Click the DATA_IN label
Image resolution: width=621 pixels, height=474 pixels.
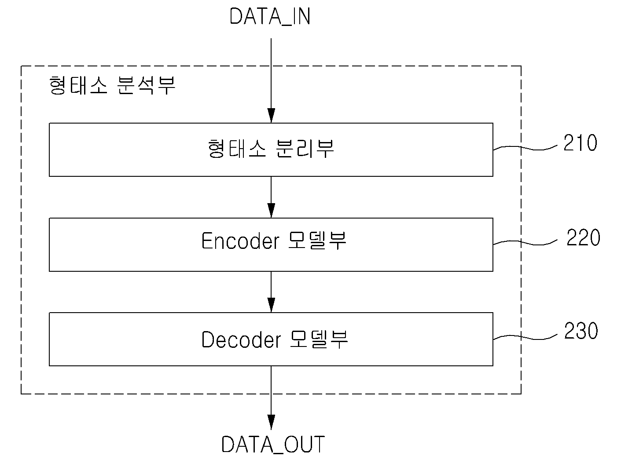270,17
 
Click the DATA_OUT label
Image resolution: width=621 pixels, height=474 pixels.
273,445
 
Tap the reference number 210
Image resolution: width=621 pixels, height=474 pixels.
580,143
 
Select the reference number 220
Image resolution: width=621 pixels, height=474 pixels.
583,237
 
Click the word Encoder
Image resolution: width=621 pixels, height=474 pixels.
240,241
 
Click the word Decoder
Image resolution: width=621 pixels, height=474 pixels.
241,339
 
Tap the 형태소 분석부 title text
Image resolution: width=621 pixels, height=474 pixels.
112,85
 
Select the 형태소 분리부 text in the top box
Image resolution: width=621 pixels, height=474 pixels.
271,148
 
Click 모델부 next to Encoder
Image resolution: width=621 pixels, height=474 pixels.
317,241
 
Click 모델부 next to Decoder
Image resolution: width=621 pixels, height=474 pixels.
319,339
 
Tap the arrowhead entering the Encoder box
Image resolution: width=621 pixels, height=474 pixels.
271,210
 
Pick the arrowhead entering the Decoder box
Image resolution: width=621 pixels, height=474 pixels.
271,305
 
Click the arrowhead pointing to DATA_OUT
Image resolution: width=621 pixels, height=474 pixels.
271,422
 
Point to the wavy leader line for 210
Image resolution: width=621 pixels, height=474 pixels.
525,148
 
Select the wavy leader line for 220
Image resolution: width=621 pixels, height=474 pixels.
525,243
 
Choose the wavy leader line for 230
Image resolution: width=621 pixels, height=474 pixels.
525,337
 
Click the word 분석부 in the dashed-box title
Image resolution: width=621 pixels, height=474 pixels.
146,85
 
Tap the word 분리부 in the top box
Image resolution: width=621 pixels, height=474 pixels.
305,148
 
